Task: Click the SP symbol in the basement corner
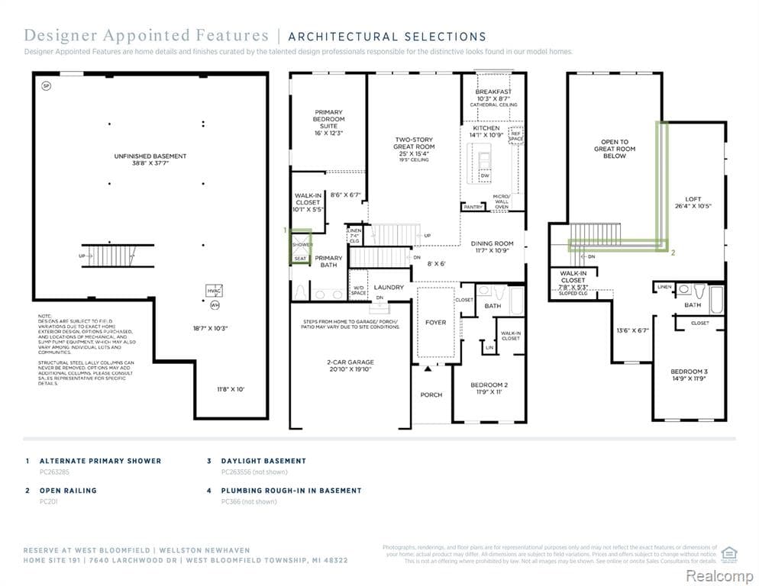click(x=46, y=86)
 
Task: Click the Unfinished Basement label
click(x=150, y=159)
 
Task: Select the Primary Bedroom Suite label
click(x=329, y=122)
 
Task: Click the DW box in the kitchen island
click(x=485, y=176)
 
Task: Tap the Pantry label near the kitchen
click(x=473, y=207)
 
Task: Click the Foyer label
click(x=435, y=323)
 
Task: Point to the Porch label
click(x=431, y=394)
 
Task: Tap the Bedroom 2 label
click(x=489, y=388)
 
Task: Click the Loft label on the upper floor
click(x=693, y=203)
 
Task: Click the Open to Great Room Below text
click(x=615, y=149)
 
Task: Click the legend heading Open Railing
click(x=68, y=491)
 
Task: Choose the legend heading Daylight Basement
click(x=263, y=461)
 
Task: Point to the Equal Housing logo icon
click(x=728, y=552)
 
